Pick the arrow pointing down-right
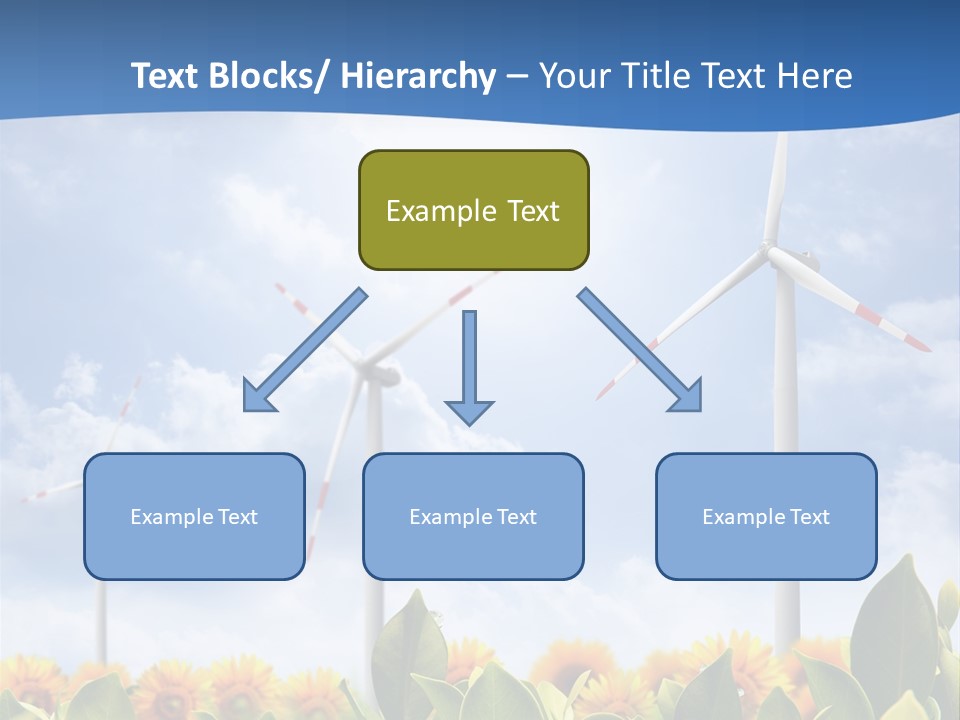[640, 351]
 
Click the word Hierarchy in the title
[418, 76]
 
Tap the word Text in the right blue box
[808, 517]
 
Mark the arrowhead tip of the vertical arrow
[469, 424]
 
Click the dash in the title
[517, 76]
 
